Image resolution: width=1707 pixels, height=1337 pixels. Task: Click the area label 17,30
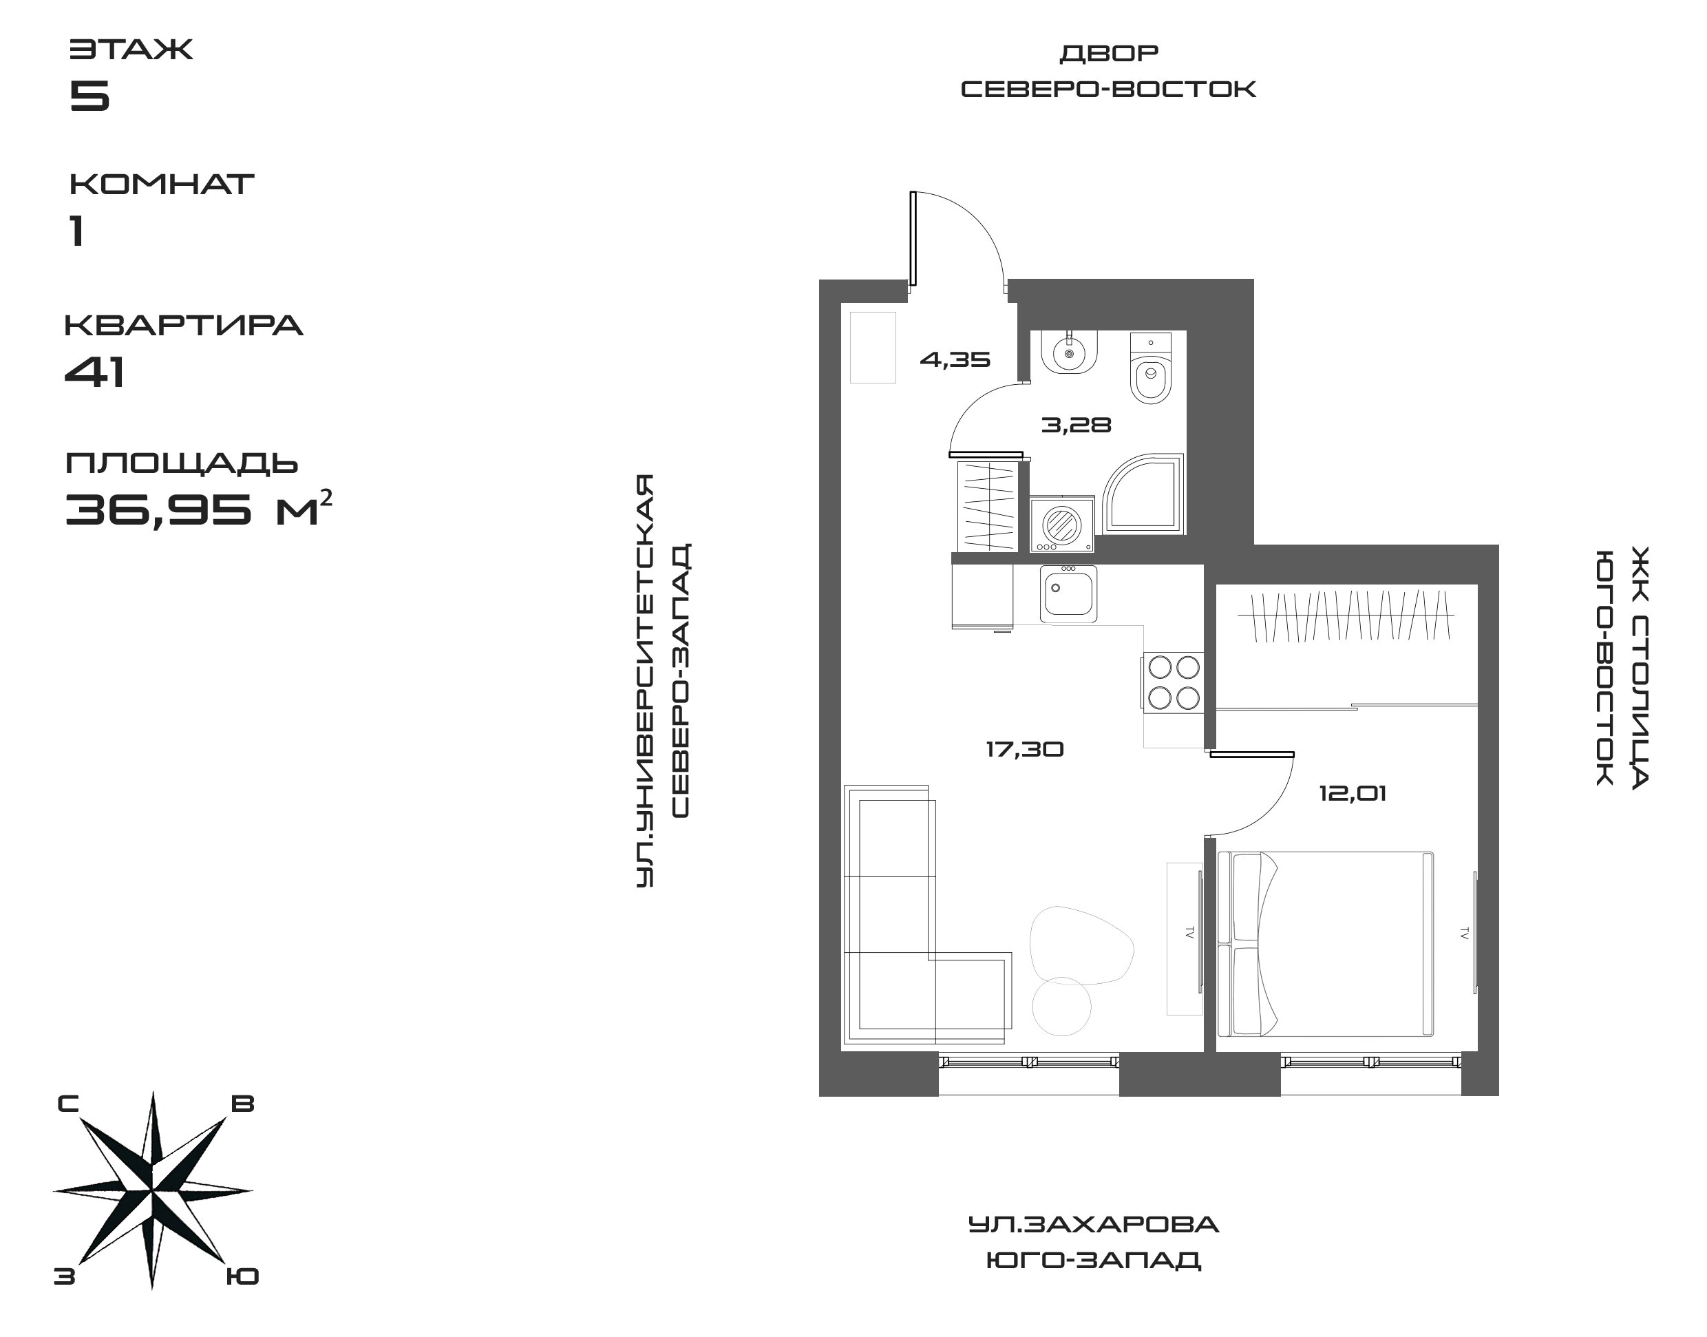pyautogui.click(x=1024, y=750)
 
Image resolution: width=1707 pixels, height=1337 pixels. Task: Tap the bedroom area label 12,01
pyautogui.click(x=1353, y=794)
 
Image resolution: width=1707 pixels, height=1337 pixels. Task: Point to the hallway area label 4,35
pyautogui.click(x=955, y=360)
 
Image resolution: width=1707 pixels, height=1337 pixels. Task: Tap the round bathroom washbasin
pyautogui.click(x=1069, y=353)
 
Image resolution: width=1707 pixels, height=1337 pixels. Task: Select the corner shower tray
pyautogui.click(x=1143, y=495)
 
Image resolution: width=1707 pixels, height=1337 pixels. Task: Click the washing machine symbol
pyautogui.click(x=1062, y=523)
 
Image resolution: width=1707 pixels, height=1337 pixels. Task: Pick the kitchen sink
pyautogui.click(x=1068, y=594)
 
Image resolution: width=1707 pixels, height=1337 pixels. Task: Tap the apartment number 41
pyautogui.click(x=95, y=372)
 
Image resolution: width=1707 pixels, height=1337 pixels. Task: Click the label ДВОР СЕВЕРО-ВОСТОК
pyautogui.click(x=1108, y=71)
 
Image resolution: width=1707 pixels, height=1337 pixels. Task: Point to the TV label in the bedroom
pyautogui.click(x=1463, y=933)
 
